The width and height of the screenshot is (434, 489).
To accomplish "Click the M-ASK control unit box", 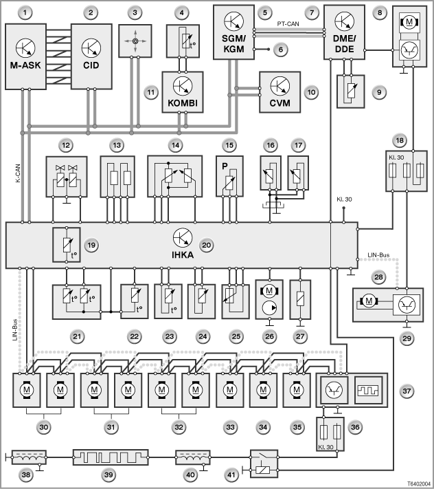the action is pos(25,56).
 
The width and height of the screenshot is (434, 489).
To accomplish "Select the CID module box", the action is pos(91,56).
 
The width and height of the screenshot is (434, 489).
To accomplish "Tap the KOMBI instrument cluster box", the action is pos(183,92).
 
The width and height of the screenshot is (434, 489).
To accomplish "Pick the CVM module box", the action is pos(280,92).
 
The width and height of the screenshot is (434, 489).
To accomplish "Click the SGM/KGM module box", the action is pos(233,32).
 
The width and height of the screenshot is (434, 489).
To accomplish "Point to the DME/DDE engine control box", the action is pos(344,32).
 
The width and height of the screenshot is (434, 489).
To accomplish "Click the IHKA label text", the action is pos(183,255).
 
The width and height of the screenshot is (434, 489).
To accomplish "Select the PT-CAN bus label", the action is pos(288,23).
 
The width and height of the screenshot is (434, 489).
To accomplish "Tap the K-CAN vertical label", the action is pos(18,173).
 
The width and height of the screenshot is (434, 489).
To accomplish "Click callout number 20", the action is pos(207,245).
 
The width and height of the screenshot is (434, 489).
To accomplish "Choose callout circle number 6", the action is pos(281,50).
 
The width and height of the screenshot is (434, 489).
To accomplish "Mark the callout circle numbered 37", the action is pos(407,391).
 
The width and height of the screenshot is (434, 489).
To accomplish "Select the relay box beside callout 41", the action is pos(264,464).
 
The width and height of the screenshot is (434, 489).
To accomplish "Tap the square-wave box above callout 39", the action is pos(111,457).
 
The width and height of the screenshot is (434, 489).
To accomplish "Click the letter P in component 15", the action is pos(225,166).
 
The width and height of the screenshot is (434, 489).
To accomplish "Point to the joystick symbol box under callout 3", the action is pos(135,41).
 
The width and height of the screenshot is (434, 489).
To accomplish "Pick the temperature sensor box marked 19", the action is pos(67,245).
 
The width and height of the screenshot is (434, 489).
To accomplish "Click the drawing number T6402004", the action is pos(419,483).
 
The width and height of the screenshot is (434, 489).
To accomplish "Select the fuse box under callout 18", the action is pos(407,171).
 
